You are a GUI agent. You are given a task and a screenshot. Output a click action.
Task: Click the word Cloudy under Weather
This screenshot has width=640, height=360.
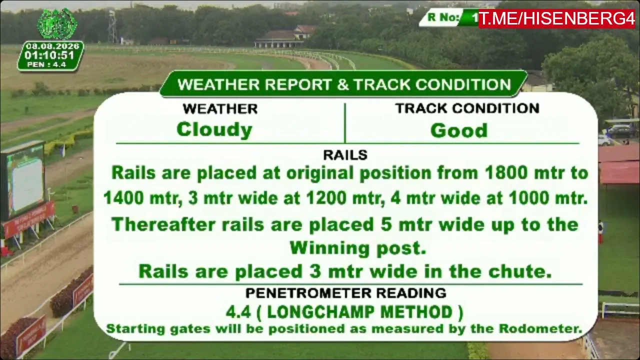[x=214, y=130]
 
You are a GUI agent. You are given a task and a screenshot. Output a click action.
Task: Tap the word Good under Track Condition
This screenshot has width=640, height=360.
[x=459, y=130]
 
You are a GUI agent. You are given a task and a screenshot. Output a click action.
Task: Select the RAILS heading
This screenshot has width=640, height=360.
[x=345, y=155]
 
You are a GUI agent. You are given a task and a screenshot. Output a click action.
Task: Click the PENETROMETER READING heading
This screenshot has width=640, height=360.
[x=345, y=293]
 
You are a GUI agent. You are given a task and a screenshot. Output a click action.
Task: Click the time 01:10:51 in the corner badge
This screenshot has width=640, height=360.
[x=49, y=55]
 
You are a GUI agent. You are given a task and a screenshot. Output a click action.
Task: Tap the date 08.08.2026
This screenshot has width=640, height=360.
[x=52, y=46]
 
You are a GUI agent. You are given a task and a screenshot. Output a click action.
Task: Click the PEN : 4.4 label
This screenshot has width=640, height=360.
[x=46, y=64]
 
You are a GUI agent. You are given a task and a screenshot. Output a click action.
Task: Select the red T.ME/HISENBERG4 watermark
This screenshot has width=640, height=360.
[x=557, y=19]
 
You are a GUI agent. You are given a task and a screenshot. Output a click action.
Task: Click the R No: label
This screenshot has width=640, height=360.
[x=443, y=17]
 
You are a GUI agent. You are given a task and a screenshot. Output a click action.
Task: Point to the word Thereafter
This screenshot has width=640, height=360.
[x=163, y=224]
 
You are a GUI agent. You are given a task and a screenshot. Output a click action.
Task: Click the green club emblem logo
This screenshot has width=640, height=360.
[x=57, y=24]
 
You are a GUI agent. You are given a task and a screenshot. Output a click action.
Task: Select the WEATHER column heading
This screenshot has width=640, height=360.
[x=220, y=109]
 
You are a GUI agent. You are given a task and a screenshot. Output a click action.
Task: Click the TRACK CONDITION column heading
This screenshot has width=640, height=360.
[x=467, y=108]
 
